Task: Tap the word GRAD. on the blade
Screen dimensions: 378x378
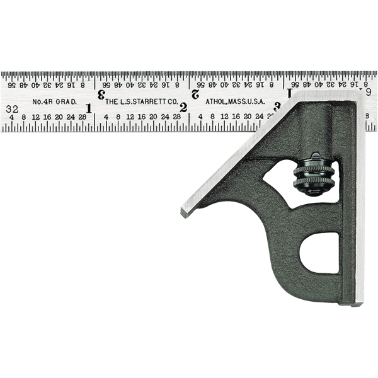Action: pos(67,101)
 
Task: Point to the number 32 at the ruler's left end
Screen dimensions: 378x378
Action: pos(12,108)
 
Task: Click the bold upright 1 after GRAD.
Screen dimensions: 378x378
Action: pos(89,108)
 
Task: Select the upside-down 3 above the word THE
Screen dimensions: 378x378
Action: pos(101,94)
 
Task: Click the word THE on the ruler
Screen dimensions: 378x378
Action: pos(112,101)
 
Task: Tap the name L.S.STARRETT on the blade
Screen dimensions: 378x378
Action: pos(142,101)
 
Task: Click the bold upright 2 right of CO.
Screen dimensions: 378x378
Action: pos(183,108)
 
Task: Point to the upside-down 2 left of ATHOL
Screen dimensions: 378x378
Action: pos(195,94)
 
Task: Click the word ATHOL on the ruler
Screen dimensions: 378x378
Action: pos(218,101)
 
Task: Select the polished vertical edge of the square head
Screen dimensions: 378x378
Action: pos(360,202)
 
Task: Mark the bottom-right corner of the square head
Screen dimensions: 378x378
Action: pos(361,304)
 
